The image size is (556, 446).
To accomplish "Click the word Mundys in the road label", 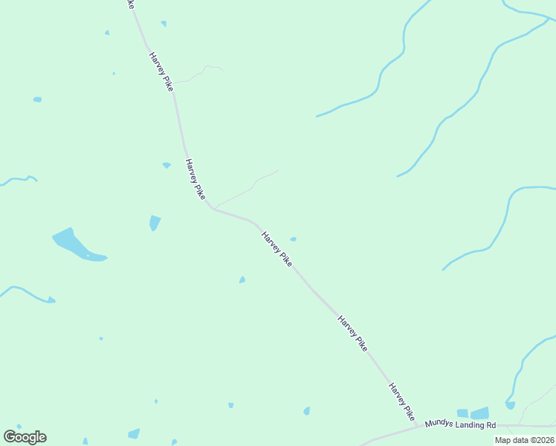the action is (x=438, y=424).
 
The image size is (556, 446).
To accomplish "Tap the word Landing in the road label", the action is (x=470, y=424).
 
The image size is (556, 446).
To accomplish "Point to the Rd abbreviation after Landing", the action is (x=491, y=424).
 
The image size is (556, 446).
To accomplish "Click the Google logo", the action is (x=25, y=437).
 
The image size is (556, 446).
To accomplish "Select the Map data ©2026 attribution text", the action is (x=524, y=440).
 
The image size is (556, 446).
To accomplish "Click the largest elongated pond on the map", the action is (x=77, y=246).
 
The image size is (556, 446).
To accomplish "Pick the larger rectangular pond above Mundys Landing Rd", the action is (x=479, y=413).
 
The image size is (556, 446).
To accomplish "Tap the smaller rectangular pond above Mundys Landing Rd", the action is (x=462, y=413).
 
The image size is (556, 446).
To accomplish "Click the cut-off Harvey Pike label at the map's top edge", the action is (x=131, y=4).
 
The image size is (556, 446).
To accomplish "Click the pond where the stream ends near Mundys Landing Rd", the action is (x=510, y=405).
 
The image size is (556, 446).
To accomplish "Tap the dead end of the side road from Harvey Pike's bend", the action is (x=278, y=170).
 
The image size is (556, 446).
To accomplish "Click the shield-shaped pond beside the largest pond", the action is (x=155, y=222).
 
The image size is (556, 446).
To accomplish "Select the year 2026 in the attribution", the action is (x=544, y=440).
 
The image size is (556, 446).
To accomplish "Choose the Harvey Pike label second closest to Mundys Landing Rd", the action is (x=352, y=333).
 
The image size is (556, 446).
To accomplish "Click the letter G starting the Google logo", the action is (x=10, y=437).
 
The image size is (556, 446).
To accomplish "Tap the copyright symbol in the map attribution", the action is (x=531, y=440).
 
